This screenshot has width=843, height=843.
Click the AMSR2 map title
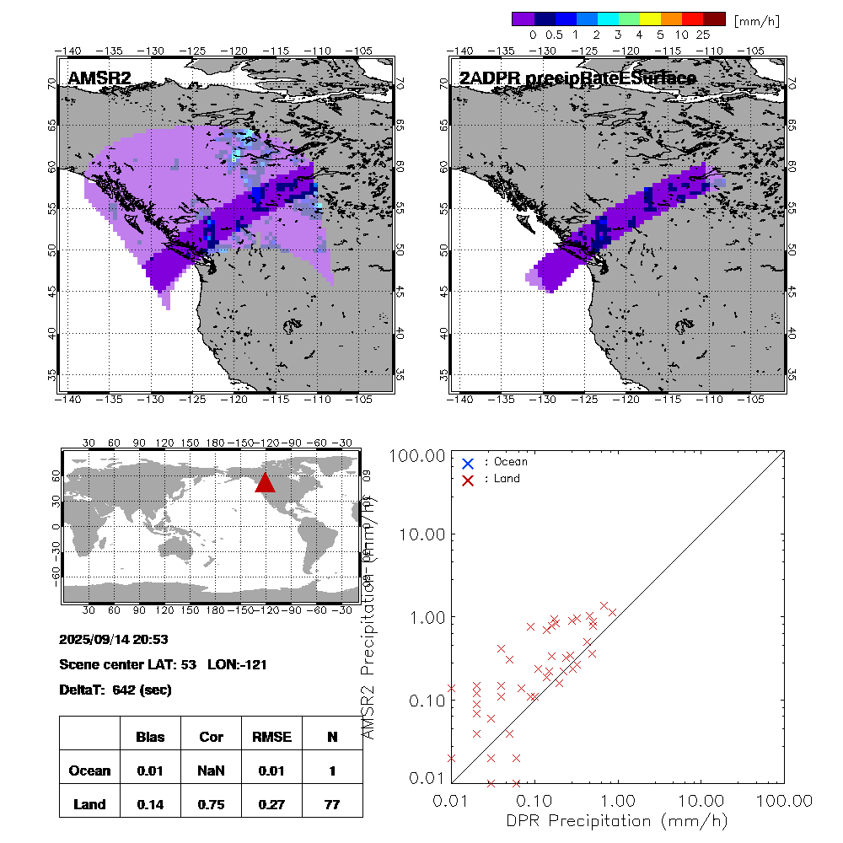(99, 79)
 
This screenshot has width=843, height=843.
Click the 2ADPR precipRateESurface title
(577, 79)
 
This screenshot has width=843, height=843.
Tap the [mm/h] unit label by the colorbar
(756, 19)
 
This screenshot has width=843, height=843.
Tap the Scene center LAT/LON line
(164, 664)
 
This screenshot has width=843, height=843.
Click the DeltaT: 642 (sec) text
(115, 690)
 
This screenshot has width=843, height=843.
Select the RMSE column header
(271, 737)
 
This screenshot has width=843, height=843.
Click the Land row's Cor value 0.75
(211, 804)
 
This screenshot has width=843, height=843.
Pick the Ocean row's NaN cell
(211, 771)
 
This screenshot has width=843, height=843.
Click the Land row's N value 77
(332, 804)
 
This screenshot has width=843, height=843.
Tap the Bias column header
(150, 737)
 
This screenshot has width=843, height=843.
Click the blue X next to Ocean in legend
(468, 463)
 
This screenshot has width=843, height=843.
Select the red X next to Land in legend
(468, 479)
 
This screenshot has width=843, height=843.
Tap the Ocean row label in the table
(89, 771)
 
